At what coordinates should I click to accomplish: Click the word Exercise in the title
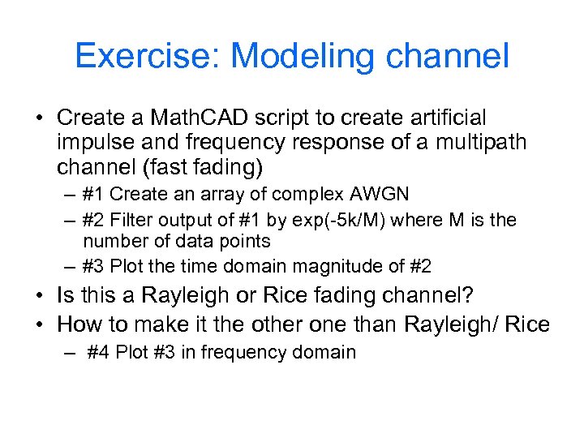[x=147, y=57]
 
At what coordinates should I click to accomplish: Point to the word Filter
[x=131, y=221]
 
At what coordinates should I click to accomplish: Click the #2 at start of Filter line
[x=94, y=221]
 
